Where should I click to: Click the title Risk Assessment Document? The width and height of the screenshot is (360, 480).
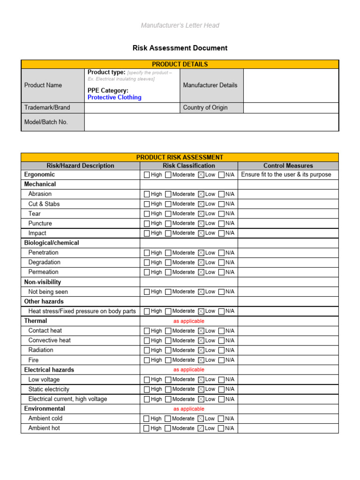pos(180,48)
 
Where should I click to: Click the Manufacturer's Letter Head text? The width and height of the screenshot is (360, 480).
pos(180,25)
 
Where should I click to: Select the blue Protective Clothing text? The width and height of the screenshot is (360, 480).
pos(114,97)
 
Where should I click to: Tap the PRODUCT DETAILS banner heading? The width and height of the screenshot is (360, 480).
pos(180,64)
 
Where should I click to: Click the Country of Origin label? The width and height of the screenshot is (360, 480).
pos(205,107)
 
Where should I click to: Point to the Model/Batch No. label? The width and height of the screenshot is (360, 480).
pos(46,122)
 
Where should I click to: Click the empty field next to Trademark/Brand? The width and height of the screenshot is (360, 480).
pos(132,107)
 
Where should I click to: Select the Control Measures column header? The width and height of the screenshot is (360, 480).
pos(288,165)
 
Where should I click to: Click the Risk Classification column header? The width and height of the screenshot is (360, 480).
pos(189,165)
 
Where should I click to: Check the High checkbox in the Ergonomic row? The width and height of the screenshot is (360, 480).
pos(147,175)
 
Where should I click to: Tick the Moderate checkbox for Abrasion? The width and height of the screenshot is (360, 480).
pos(168,194)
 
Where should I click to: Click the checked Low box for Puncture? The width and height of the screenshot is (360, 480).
pos(201,224)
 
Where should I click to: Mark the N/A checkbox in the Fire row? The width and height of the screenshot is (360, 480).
pos(221,360)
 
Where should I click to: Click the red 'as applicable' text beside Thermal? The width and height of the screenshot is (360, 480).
pos(189,321)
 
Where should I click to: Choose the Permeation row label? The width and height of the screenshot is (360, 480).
pos(44,272)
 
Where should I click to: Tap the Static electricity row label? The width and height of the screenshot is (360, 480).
pos(49,389)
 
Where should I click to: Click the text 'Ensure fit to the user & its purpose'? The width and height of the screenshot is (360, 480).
pos(286,174)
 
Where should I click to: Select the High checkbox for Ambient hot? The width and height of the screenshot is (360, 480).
pos(147,428)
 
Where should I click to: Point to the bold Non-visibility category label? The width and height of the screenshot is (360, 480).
pos(43,282)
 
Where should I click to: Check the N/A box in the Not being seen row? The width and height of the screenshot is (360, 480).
pos(221,292)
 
